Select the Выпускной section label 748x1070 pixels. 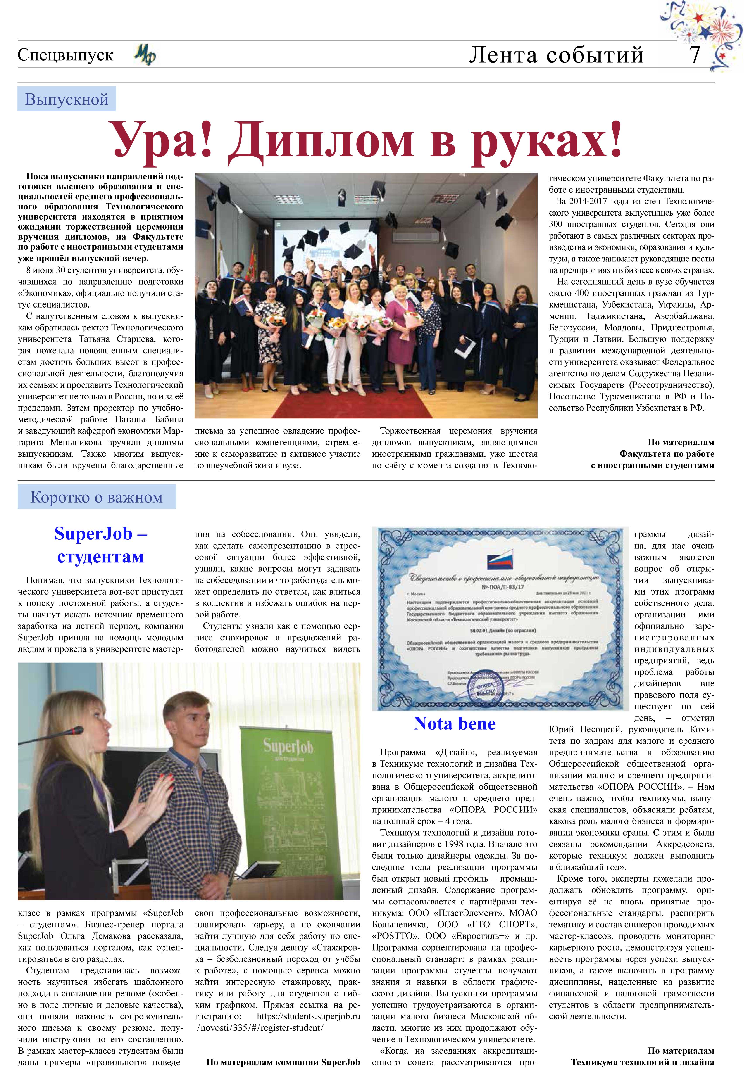(67, 99)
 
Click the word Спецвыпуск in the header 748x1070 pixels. (65, 55)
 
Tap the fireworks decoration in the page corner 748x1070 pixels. (703, 33)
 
